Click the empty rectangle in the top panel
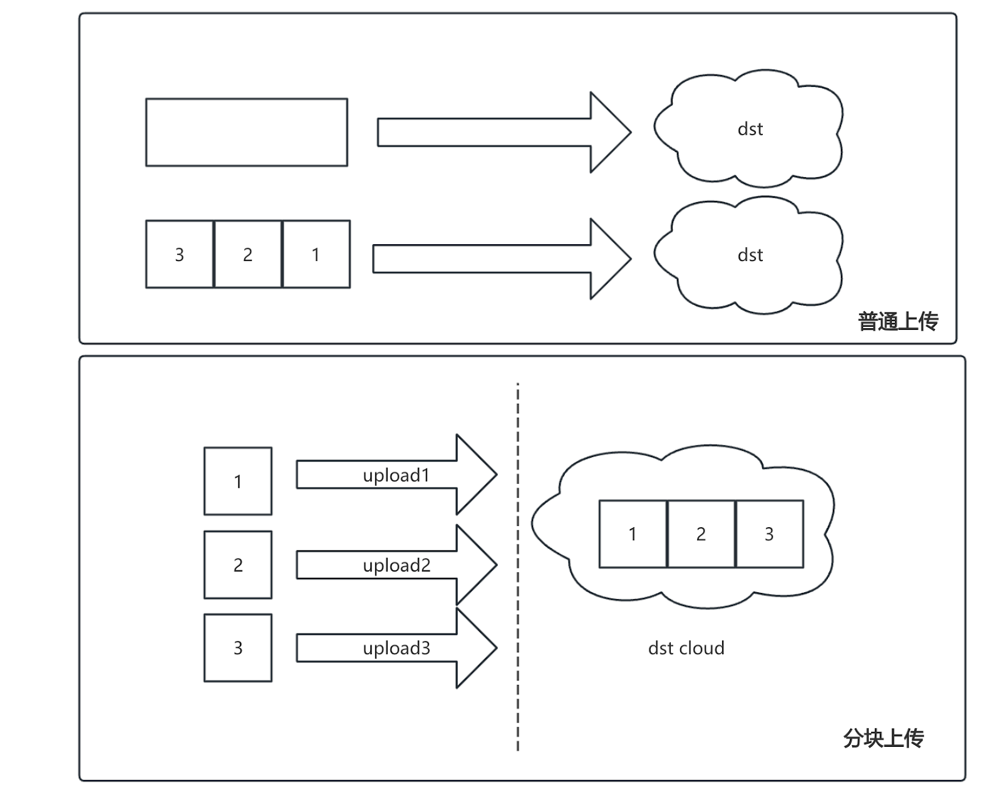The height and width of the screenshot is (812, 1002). coord(246,132)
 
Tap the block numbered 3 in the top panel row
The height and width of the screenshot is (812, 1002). coord(179,254)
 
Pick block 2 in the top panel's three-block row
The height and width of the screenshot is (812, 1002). coord(247,254)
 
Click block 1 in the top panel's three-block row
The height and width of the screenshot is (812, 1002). coord(316,254)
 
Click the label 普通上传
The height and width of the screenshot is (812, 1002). coord(897,321)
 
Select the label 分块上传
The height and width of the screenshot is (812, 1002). coord(883,738)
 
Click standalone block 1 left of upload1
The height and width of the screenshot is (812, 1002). coord(238,481)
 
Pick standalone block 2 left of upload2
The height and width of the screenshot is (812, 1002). coord(238,565)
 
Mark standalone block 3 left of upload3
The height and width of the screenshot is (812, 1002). coord(238,647)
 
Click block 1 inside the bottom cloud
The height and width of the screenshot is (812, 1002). coord(633,534)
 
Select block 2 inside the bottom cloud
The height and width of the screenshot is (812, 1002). coord(701,534)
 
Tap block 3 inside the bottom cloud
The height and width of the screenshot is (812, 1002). coord(770,534)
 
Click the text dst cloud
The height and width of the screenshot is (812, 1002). coord(686,647)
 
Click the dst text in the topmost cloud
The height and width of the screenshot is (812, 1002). coord(750,129)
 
